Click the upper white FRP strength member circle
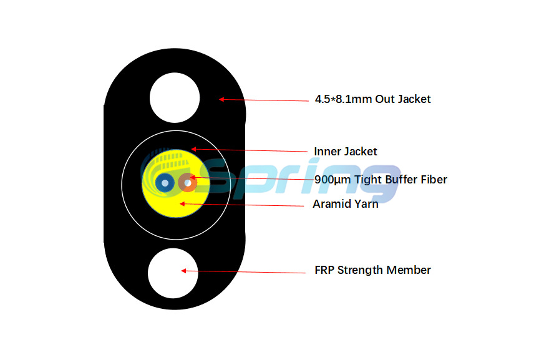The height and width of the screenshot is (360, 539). (x=175, y=98)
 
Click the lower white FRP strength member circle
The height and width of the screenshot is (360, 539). (x=173, y=273)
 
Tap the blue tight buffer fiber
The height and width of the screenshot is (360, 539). (x=165, y=183)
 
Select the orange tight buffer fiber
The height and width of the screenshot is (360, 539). (x=187, y=183)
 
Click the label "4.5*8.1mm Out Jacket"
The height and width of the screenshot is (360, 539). (x=372, y=99)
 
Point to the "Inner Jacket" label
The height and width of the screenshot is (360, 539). (x=346, y=151)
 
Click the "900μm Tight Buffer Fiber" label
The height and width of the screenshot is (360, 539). (x=381, y=180)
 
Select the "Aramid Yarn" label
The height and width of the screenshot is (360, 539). (x=346, y=204)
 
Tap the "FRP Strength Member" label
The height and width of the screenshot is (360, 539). (x=372, y=270)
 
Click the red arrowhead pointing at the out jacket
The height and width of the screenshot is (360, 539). (x=221, y=99)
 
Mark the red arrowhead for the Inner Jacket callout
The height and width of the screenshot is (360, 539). (x=193, y=149)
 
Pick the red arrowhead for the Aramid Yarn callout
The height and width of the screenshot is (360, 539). (x=182, y=204)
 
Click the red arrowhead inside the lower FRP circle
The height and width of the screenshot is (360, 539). (x=183, y=271)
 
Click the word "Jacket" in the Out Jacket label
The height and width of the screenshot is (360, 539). (x=414, y=99)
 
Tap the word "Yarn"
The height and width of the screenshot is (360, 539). (x=366, y=204)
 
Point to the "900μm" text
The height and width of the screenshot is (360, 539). (x=333, y=180)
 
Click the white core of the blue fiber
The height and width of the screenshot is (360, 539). (x=165, y=183)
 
